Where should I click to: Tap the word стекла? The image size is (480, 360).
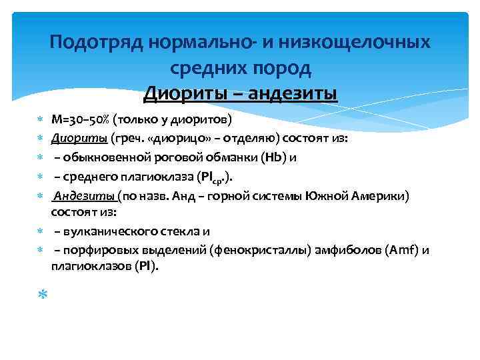[x=181, y=231]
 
